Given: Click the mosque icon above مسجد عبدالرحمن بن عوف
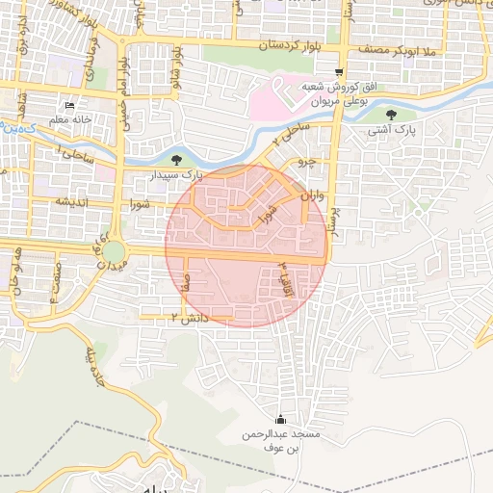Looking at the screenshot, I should (x=280, y=419).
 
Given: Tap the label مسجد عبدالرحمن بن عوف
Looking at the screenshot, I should (x=280, y=441).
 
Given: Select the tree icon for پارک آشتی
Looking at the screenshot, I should (x=389, y=113).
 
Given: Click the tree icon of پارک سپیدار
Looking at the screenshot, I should (x=175, y=161).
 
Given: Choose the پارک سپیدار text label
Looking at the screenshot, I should (x=177, y=176).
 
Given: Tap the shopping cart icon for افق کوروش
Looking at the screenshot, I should (x=338, y=72).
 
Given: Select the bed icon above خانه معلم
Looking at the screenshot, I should (x=68, y=105).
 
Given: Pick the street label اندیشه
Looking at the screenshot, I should (x=72, y=201).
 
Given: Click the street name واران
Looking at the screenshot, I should (x=309, y=196).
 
